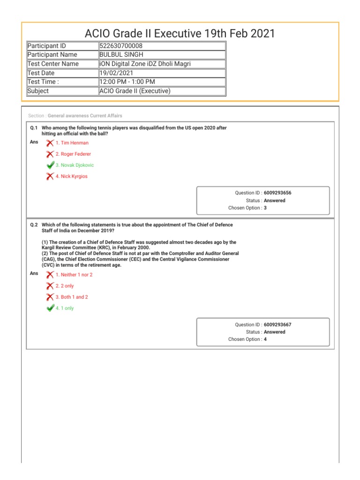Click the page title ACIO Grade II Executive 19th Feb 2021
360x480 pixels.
pyautogui.click(x=180, y=33)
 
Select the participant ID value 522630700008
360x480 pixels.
pyautogui.click(x=121, y=46)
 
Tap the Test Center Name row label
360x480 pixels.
pyautogui.click(x=53, y=64)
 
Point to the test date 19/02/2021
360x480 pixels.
pyautogui.click(x=116, y=73)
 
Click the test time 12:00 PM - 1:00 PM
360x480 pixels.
pyautogui.click(x=127, y=82)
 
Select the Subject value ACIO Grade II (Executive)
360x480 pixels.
pyautogui.click(x=135, y=91)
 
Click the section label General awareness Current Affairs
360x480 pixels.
pyautogui.click(x=85, y=116)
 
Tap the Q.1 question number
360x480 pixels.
pyautogui.click(x=34, y=127)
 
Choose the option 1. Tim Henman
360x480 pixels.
pyautogui.click(x=72, y=143)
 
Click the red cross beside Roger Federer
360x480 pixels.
pyautogui.click(x=50, y=154)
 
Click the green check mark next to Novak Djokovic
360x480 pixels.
pyautogui.click(x=50, y=165)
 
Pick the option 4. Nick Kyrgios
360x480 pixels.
pyautogui.click(x=71, y=177)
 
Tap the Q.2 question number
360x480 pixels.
pyautogui.click(x=34, y=225)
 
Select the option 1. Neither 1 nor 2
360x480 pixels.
pyautogui.click(x=74, y=275)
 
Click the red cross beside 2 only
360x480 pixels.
pyautogui.click(x=50, y=286)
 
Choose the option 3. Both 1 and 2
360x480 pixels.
pyautogui.click(x=72, y=297)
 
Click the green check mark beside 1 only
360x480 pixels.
pyautogui.click(x=50, y=308)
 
